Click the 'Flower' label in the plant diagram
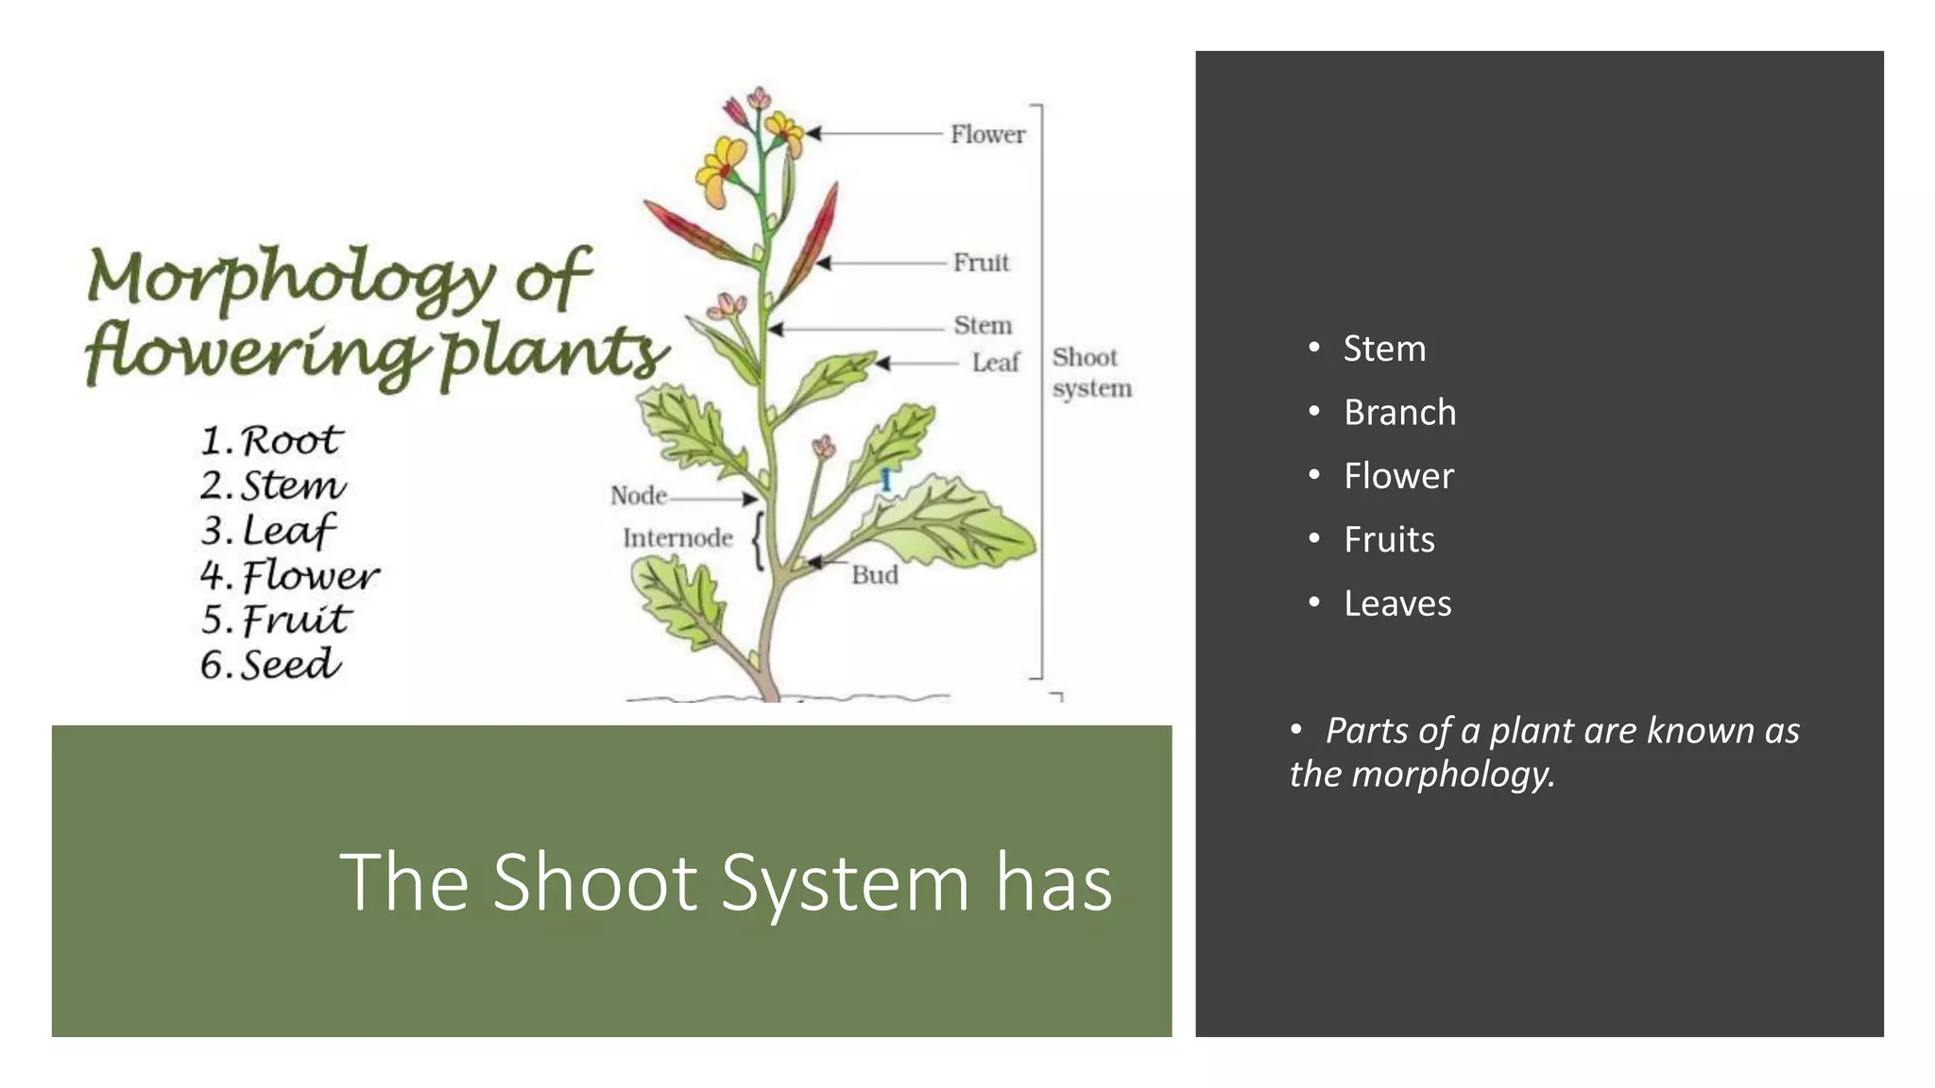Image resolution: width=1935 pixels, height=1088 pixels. [987, 135]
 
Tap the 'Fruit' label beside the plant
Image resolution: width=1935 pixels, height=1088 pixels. [981, 263]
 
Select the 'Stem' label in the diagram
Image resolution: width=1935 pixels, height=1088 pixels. [983, 326]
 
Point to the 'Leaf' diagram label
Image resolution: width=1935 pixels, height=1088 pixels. [996, 363]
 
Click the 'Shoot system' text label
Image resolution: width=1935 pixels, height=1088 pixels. [1091, 373]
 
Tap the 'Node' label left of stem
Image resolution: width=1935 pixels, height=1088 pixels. [639, 496]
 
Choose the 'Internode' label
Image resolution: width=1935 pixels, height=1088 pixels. [677, 538]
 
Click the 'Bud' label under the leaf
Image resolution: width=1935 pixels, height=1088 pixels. [875, 575]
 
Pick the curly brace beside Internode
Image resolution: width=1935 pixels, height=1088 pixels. [757, 541]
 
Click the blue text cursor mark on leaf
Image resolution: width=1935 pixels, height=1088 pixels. [886, 480]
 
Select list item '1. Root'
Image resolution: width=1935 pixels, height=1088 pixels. [271, 441]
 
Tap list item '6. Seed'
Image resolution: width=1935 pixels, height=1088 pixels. [270, 664]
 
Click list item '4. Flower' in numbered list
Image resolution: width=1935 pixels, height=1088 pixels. [289, 575]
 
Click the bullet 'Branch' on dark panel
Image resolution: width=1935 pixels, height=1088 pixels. [1399, 413]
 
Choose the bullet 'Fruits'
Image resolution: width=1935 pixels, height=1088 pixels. [1389, 540]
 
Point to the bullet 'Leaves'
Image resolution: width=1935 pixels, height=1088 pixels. [1397, 603]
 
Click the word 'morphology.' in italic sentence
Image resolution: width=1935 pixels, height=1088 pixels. [1453, 774]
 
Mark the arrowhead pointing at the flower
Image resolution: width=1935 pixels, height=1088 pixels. [813, 134]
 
